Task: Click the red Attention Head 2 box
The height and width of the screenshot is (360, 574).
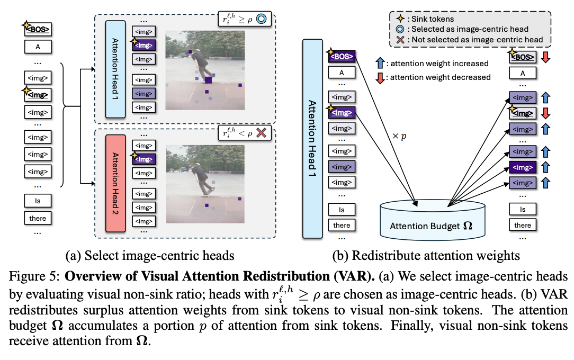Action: pos(115,183)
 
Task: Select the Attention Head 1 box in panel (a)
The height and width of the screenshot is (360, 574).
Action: pos(115,69)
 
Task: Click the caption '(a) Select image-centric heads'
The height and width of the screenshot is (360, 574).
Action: pos(149,256)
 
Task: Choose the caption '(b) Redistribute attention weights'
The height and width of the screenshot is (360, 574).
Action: pos(426,256)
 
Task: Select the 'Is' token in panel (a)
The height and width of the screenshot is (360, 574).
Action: pos(38,201)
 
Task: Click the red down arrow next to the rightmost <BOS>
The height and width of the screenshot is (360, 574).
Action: pos(545,57)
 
